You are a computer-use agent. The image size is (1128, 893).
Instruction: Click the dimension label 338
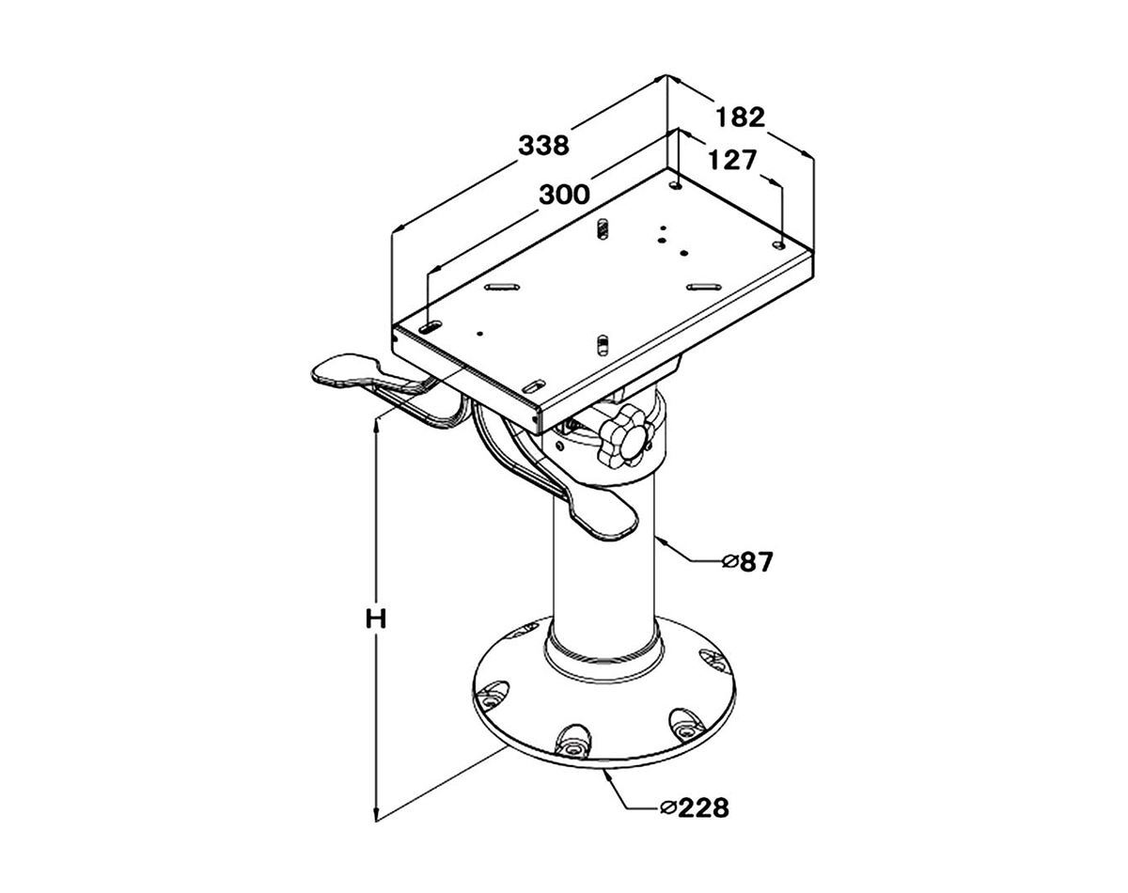click(x=543, y=146)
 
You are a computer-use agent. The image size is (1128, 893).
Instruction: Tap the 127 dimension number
click(x=733, y=160)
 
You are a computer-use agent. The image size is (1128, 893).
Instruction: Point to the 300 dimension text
click(x=565, y=195)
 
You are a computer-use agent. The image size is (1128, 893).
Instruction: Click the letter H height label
click(x=376, y=619)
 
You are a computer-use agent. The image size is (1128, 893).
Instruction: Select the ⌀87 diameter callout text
click(x=747, y=562)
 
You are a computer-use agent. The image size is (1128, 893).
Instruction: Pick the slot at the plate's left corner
click(x=431, y=327)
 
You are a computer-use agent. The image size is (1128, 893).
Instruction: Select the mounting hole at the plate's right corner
click(x=779, y=244)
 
